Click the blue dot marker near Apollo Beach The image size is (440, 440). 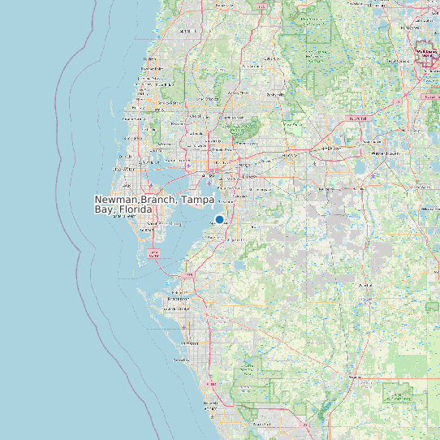point(219,219)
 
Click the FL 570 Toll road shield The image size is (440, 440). point(357,119)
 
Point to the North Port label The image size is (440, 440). point(261,425)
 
